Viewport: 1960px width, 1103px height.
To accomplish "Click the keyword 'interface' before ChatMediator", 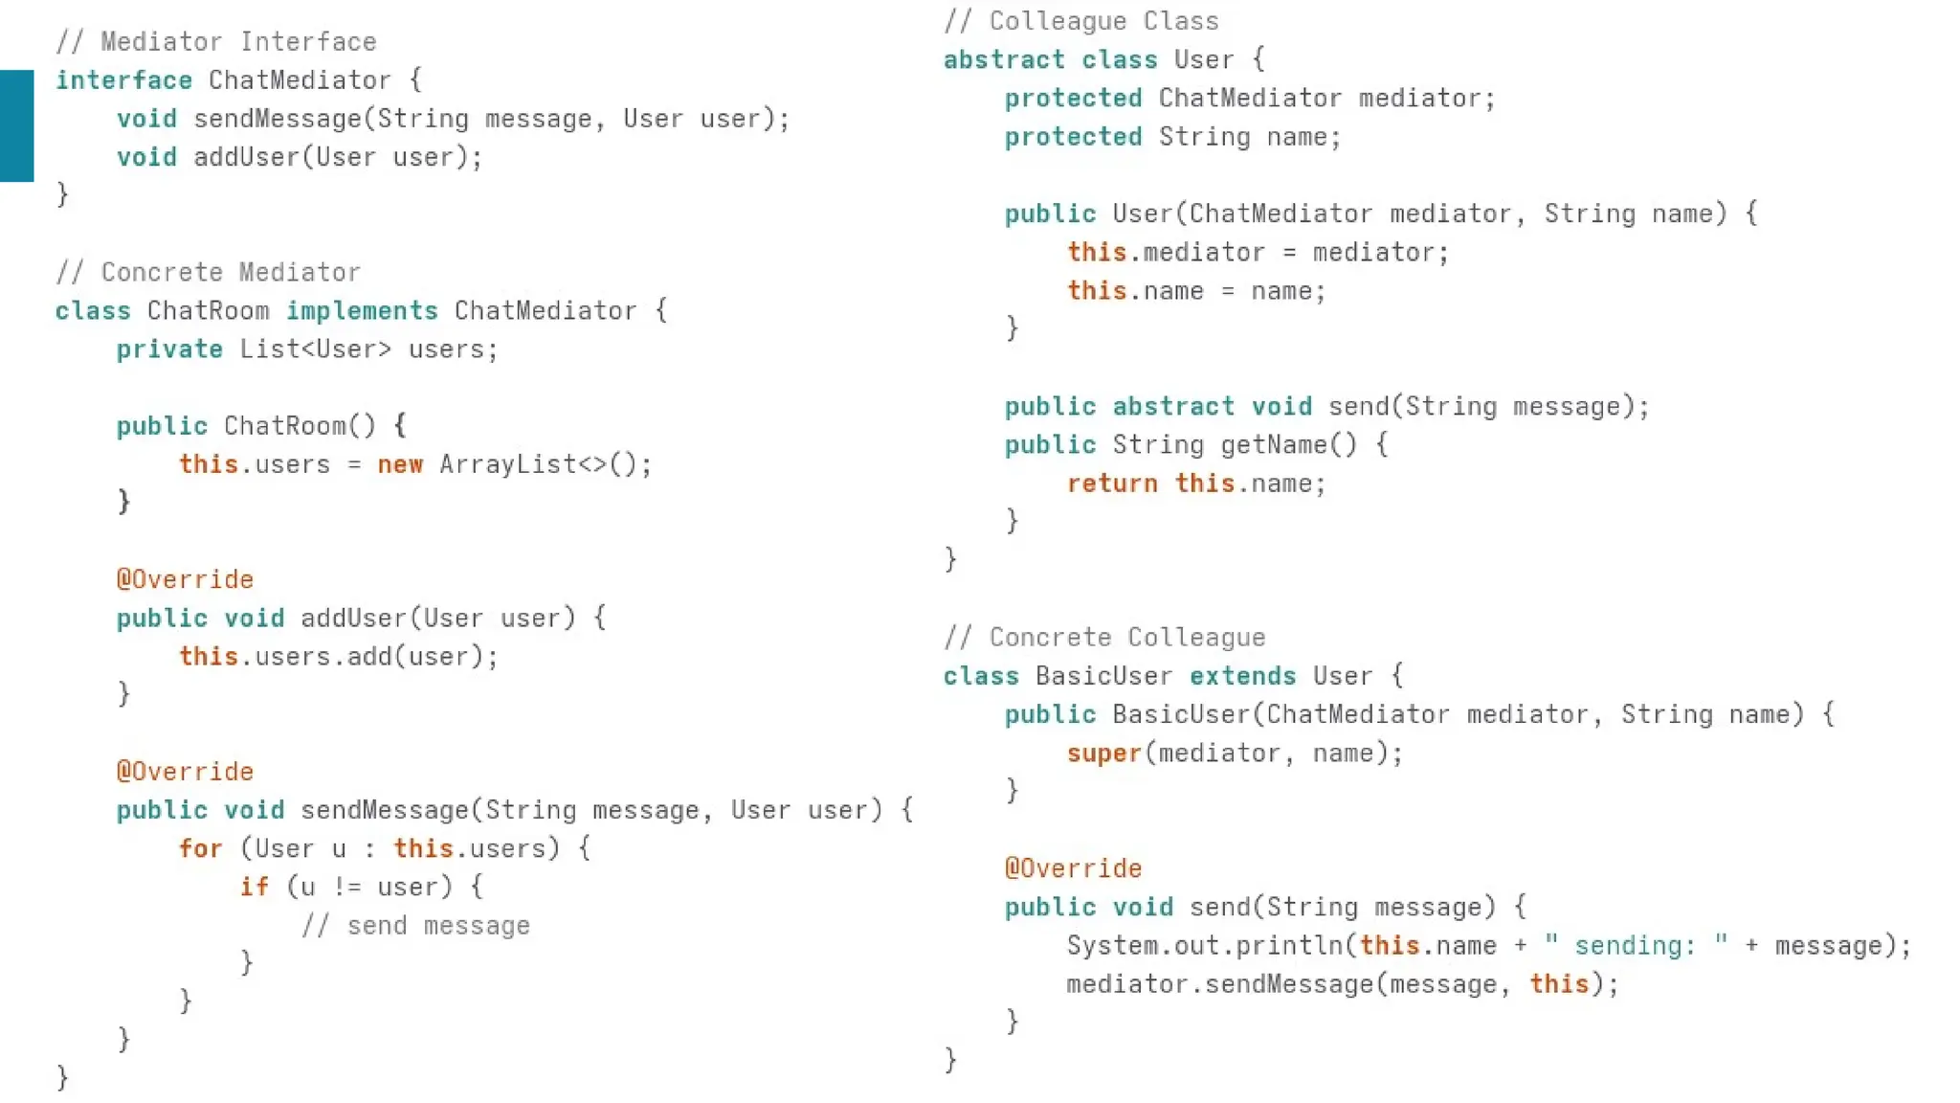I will [x=123, y=80].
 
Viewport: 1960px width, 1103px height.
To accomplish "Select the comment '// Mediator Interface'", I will [x=215, y=42].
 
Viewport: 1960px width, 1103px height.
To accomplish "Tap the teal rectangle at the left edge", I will [x=16, y=125].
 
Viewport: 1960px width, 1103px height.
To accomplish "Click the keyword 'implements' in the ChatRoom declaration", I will [x=362, y=311].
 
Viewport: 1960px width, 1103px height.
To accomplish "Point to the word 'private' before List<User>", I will [x=169, y=349].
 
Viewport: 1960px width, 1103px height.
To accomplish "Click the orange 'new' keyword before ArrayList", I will [x=400, y=465].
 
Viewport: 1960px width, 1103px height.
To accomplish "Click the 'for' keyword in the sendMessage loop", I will [x=200, y=849].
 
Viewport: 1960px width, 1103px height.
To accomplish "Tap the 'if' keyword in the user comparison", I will [x=254, y=888].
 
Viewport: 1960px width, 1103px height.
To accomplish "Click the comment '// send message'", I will [x=415, y=926].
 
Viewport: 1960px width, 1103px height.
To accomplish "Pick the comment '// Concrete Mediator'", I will [x=208, y=273].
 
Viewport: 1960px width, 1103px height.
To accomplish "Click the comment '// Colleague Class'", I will [x=1080, y=21].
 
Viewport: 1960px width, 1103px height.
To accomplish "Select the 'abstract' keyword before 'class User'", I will [x=1003, y=60].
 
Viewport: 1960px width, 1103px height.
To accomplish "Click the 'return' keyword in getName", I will [x=1112, y=484].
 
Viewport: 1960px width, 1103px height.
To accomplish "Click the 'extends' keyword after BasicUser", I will [x=1242, y=677].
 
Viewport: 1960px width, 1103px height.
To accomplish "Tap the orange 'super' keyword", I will [x=1104, y=754].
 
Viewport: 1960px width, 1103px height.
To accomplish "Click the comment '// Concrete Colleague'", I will [x=1103, y=638].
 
